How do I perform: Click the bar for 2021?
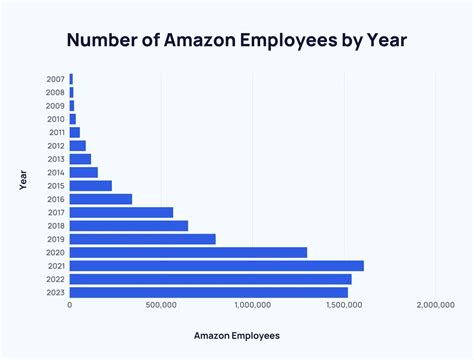tap(216, 265)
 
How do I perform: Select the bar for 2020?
tap(188, 252)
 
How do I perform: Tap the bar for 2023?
tap(208, 292)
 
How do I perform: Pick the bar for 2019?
tap(142, 239)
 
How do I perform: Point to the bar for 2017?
tap(121, 212)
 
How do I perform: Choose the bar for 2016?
tap(100, 199)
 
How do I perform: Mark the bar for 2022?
tap(210, 279)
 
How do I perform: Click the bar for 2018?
tap(128, 225)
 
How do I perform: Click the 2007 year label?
tap(56, 78)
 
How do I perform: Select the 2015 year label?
tap(56, 185)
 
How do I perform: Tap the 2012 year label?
tap(56, 145)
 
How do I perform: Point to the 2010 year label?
tap(56, 118)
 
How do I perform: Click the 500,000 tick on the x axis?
tap(161, 305)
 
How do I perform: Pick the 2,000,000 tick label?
tap(435, 305)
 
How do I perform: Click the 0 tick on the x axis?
tap(70, 305)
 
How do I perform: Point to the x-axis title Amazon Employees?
tap(236, 335)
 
